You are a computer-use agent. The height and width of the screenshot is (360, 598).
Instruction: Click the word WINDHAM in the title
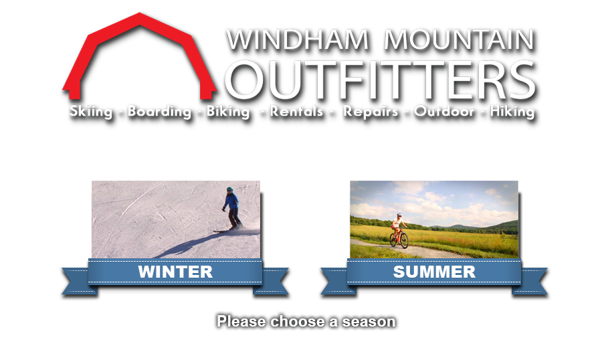click(x=298, y=39)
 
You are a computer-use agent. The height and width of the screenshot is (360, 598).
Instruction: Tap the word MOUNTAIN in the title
click(x=459, y=39)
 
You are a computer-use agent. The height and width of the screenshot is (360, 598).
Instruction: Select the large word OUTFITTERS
click(x=380, y=80)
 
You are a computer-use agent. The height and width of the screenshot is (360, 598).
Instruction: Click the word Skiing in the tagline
click(x=91, y=111)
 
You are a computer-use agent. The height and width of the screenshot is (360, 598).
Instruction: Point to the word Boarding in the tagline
click(x=159, y=111)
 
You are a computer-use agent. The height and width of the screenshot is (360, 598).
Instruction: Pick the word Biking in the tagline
click(x=228, y=111)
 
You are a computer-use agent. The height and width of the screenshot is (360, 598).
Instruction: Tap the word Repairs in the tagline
click(x=371, y=111)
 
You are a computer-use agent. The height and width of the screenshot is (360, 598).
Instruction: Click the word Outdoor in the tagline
click(x=444, y=111)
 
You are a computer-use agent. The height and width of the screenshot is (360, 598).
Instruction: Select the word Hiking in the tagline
click(x=512, y=111)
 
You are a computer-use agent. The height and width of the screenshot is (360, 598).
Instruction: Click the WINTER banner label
click(x=175, y=272)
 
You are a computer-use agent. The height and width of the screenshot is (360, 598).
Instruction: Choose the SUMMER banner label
click(x=434, y=272)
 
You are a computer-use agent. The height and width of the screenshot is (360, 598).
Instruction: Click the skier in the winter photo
click(x=231, y=209)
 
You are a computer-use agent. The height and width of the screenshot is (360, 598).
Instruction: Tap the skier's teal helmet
click(x=229, y=189)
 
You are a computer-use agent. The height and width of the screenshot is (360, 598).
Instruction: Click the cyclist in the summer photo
click(x=399, y=231)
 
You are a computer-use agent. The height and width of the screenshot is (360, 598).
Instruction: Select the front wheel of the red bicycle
click(x=404, y=241)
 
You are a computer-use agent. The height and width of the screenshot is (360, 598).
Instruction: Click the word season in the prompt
click(x=369, y=321)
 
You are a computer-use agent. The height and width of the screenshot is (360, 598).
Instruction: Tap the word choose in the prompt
click(x=298, y=321)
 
